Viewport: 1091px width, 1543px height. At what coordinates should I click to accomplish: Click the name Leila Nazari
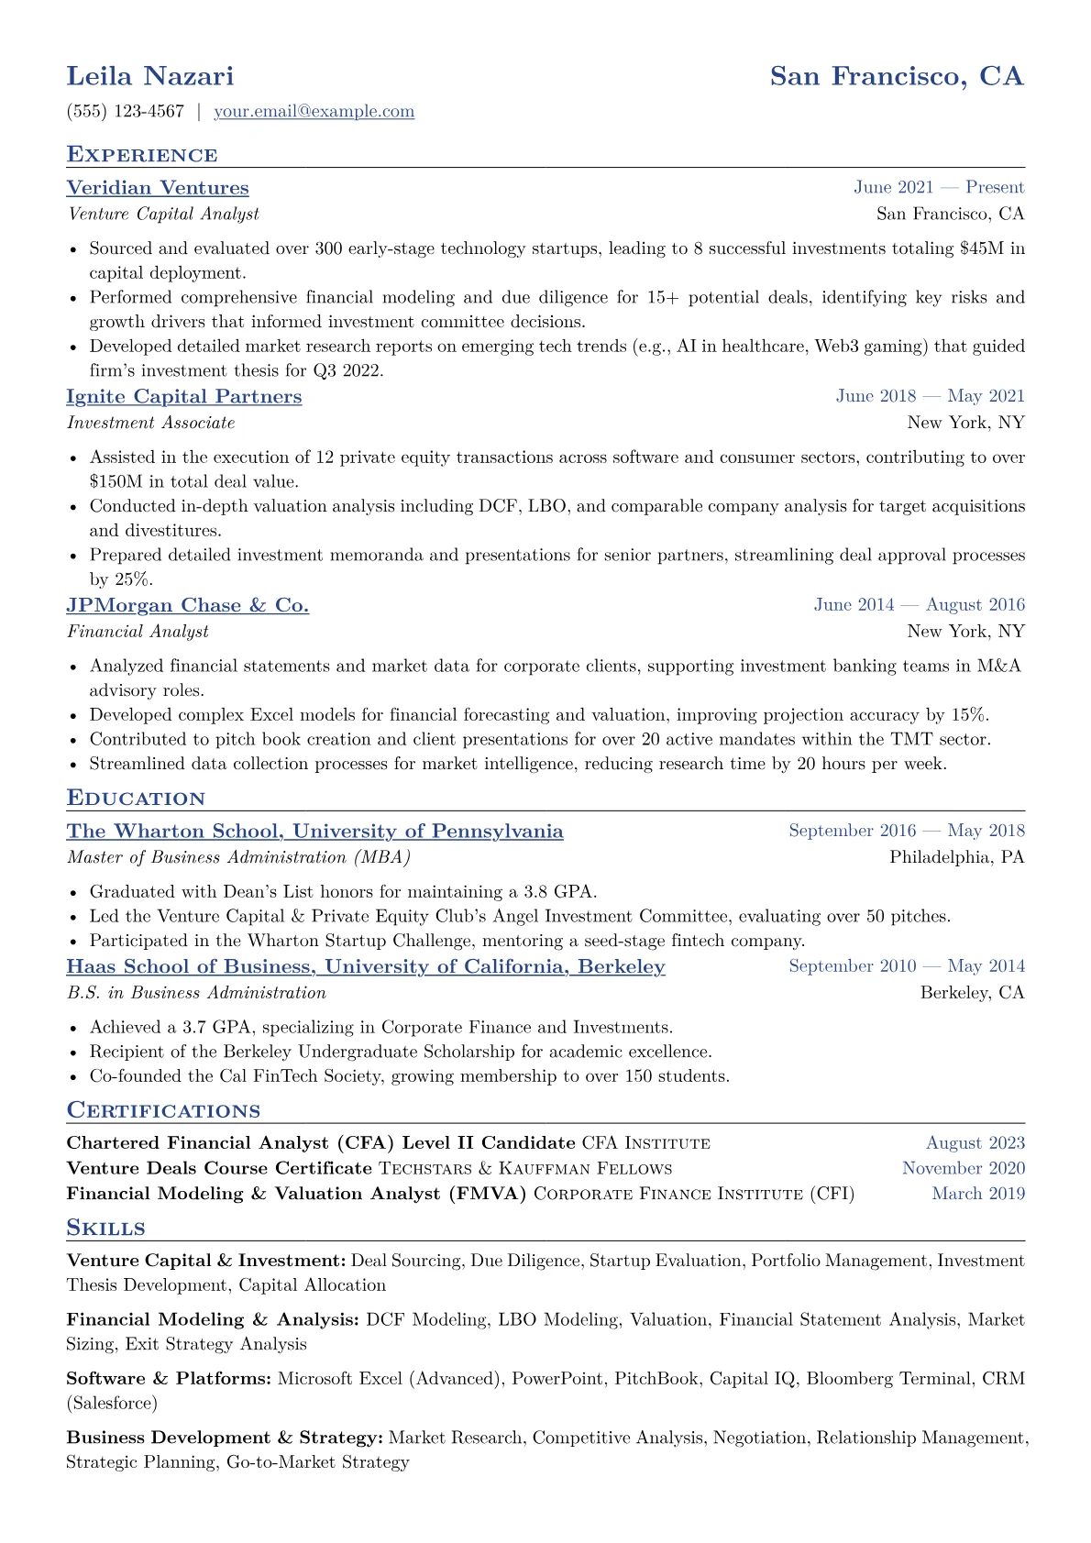pyautogui.click(x=150, y=76)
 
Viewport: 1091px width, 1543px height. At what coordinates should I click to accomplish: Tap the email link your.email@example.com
pyautogui.click(x=314, y=112)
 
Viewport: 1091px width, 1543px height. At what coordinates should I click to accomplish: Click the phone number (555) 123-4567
pyautogui.click(x=126, y=112)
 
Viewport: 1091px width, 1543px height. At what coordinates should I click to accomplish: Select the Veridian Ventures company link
pyautogui.click(x=158, y=188)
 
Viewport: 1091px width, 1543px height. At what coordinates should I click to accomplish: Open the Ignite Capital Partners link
pyautogui.click(x=184, y=397)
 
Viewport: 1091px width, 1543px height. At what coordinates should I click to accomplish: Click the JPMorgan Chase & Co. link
pyautogui.click(x=188, y=606)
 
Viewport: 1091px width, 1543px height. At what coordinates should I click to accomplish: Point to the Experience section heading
pyautogui.click(x=142, y=155)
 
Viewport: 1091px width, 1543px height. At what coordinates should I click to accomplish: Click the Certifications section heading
pyautogui.click(x=163, y=1111)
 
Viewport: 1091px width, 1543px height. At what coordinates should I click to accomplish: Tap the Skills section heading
pyautogui.click(x=106, y=1229)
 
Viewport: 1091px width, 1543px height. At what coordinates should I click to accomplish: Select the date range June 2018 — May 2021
pyautogui.click(x=930, y=396)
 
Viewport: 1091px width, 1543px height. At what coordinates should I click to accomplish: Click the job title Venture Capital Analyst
pyautogui.click(x=163, y=214)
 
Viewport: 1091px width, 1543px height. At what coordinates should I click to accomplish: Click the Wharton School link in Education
pyautogui.click(x=314, y=832)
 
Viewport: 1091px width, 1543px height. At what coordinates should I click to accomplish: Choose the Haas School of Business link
pyautogui.click(x=366, y=967)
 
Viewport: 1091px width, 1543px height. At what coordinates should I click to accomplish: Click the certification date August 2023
pyautogui.click(x=975, y=1143)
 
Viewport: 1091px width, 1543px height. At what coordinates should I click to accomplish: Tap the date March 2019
pyautogui.click(x=978, y=1194)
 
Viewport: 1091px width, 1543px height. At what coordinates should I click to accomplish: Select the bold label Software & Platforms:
pyautogui.click(x=169, y=1379)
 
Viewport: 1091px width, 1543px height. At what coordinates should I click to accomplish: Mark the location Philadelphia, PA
pyautogui.click(x=956, y=857)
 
